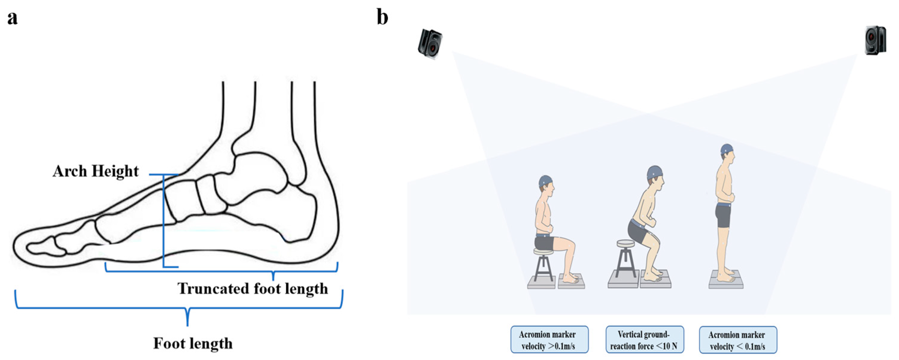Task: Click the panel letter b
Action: (382, 17)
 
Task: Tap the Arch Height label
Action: (96, 171)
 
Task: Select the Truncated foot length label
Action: (253, 289)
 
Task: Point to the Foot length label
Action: (193, 343)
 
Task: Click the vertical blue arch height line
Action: (163, 223)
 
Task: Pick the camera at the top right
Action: (875, 40)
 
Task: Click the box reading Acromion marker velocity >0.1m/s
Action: (549, 340)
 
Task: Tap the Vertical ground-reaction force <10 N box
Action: (644, 340)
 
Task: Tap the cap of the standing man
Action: (727, 149)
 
